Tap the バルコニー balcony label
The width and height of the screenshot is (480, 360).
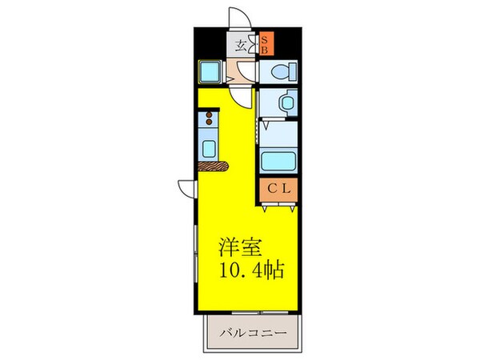coord(255,331)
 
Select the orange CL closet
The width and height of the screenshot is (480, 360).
coord(278,189)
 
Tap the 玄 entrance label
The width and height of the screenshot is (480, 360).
coord(242,43)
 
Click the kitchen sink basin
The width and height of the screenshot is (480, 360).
coord(210,148)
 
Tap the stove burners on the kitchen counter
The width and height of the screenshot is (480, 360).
coord(210,122)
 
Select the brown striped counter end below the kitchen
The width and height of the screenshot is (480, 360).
coord(213,166)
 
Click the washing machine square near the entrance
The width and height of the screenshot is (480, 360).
coord(211,73)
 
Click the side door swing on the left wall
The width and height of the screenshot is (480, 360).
coord(186,188)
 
